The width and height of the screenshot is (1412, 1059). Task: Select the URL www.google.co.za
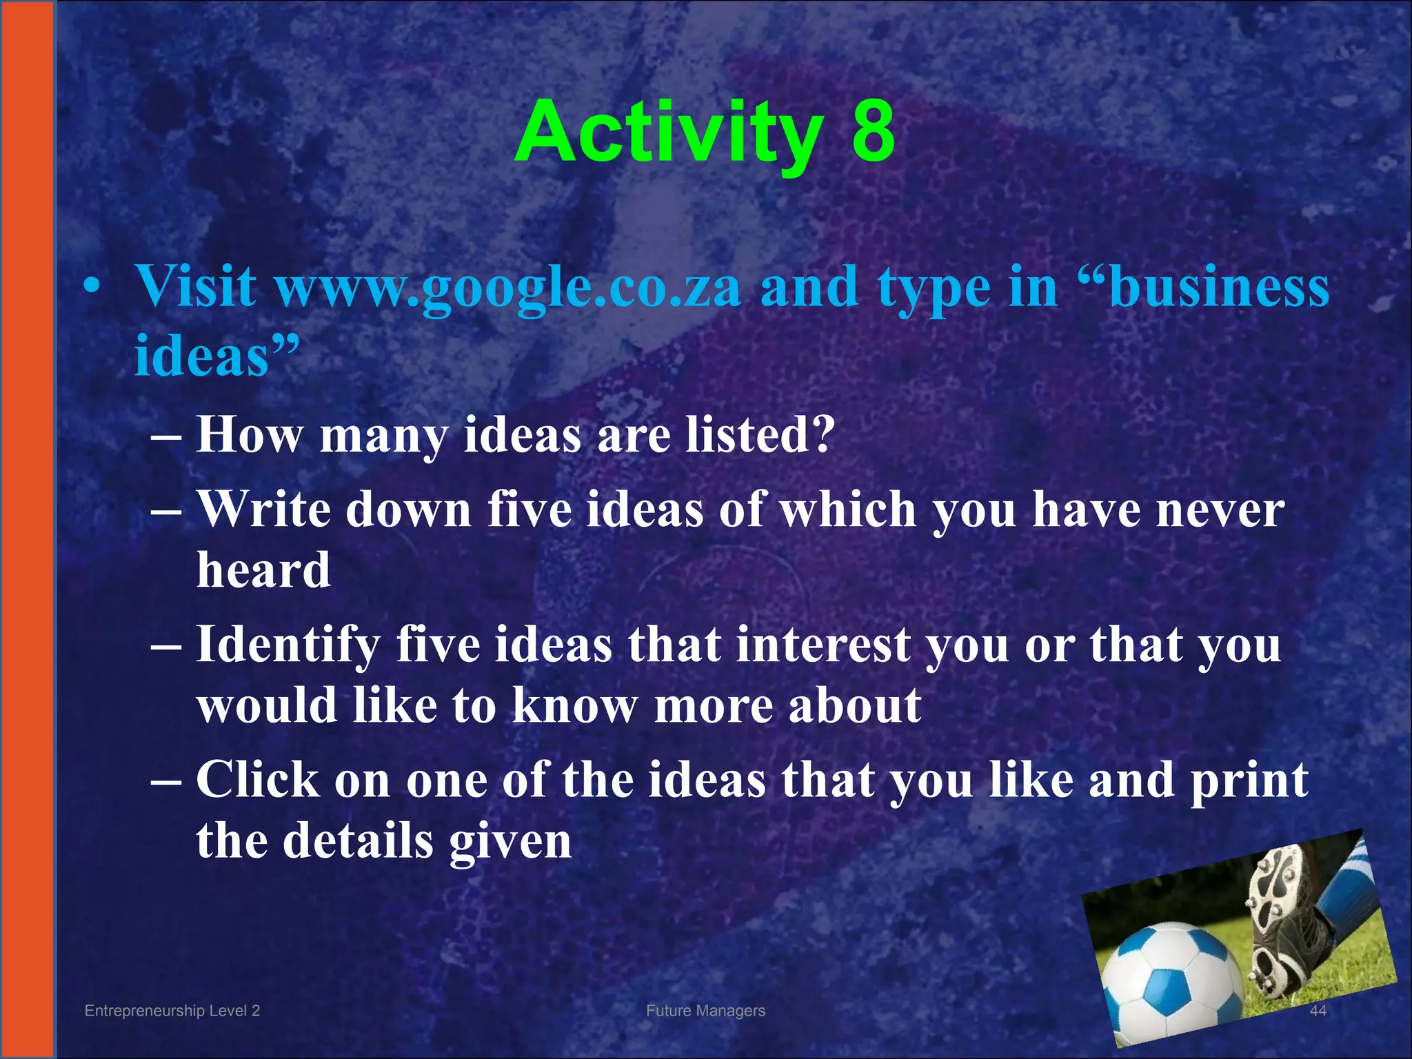tap(509, 288)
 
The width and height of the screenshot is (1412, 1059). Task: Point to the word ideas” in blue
tap(216, 356)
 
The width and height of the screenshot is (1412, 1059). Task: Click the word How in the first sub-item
tap(250, 435)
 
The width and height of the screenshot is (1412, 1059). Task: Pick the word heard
tap(263, 570)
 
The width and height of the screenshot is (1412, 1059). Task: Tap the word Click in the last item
tap(259, 780)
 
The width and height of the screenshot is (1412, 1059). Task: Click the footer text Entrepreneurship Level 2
tap(172, 1011)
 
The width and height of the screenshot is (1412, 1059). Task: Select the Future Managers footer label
tap(705, 1011)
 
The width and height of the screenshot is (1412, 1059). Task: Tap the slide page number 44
tap(1318, 1011)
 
